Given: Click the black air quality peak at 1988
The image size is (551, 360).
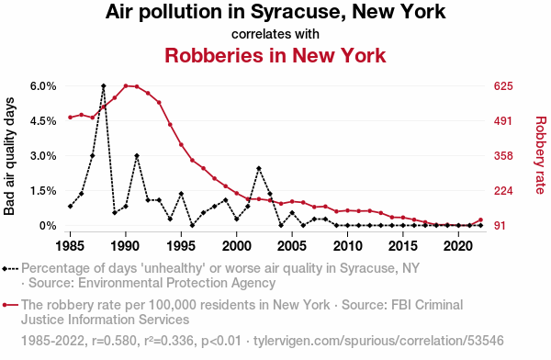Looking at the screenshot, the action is pos(103,85).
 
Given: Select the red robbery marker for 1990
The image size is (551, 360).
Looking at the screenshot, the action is pos(126,85).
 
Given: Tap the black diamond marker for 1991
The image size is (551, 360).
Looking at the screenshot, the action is pos(137,155).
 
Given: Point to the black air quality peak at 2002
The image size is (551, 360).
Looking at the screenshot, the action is pos(259,168).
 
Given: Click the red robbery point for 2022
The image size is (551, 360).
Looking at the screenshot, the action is pos(480,220).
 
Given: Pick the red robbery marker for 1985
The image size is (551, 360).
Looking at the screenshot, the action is pos(71,118).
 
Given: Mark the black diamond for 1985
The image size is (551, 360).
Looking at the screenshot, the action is pos(71,207).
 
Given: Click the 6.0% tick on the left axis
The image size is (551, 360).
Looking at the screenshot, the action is pos(43,86).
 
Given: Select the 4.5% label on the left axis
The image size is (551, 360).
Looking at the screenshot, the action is pos(43,121).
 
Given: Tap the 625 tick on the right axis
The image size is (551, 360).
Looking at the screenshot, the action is pos(503,86).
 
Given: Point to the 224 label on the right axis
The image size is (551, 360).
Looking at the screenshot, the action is pos(503,191).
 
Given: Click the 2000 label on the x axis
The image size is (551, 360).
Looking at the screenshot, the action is pos(237,246).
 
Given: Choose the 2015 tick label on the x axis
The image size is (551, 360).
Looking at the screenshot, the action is pos(403,246).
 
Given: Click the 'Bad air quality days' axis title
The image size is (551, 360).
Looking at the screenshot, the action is pos(9,156).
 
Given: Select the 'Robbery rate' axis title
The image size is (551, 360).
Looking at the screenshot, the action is pos(541,155).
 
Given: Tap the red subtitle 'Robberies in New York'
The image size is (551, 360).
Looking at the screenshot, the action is pos(275,55).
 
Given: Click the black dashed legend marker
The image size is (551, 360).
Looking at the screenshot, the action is pos(10,269).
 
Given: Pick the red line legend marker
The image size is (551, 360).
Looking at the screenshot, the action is pos(10,305).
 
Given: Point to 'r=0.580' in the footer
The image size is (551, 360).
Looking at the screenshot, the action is pos(114,341).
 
